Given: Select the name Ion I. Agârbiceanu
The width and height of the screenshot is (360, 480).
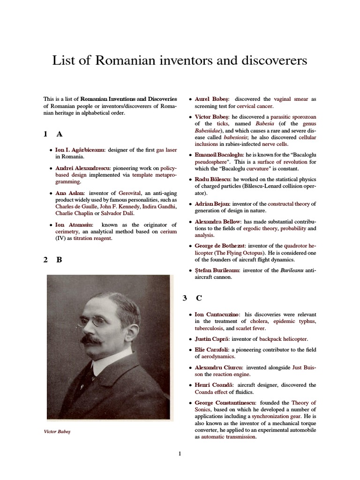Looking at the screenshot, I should (x=80, y=150).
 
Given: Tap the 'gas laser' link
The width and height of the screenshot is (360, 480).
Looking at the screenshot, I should (x=166, y=150).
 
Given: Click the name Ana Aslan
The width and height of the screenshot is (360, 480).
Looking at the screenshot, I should (x=70, y=193).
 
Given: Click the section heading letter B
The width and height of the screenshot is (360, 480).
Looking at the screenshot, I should (x=60, y=260).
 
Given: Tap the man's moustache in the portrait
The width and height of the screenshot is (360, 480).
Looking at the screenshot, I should (x=91, y=338).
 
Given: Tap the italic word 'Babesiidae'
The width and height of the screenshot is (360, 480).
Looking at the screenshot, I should (x=209, y=131).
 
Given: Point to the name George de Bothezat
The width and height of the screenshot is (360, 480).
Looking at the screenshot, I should (x=220, y=246).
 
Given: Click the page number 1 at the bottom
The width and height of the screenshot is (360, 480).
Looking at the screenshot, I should (x=180, y=453).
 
